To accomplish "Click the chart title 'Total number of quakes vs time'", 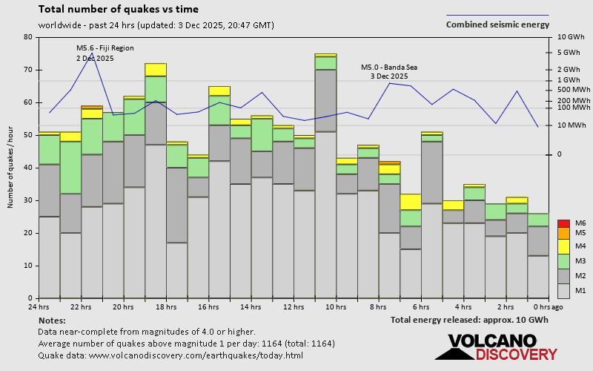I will tap(118, 10).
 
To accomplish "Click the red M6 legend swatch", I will tap(563, 223).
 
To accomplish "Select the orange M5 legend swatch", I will tap(563, 234).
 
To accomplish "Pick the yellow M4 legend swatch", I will tap(563, 246).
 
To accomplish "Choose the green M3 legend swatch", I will tap(563, 261).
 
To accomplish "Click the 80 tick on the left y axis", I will tap(28, 37).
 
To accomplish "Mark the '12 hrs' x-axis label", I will tap(294, 306).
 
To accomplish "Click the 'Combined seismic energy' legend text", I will tap(497, 24).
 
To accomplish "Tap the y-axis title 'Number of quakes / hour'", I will tap(11, 167).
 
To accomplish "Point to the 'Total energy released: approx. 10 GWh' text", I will tap(469, 320).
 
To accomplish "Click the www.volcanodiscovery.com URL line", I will tap(170, 355).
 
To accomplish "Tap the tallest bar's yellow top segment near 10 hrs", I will tap(325, 54).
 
